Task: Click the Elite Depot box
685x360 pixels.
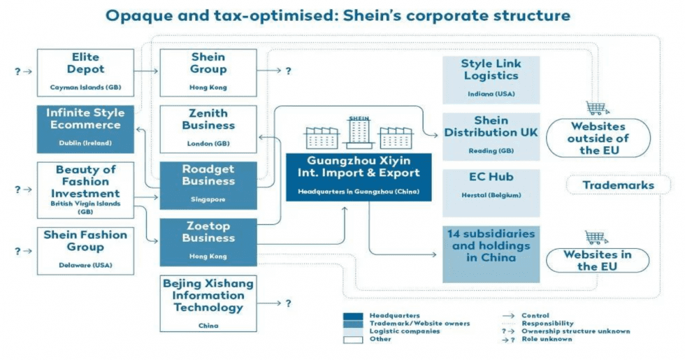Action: point(85,72)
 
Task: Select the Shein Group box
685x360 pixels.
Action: point(208,72)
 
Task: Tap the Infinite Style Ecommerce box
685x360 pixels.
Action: point(85,127)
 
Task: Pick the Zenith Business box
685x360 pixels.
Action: point(208,129)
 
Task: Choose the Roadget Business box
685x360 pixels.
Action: point(208,185)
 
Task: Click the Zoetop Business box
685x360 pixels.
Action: point(208,241)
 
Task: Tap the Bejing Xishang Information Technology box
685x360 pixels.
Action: point(208,303)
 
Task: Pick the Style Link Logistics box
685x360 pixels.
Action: point(491,79)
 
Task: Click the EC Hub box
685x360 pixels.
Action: point(491,185)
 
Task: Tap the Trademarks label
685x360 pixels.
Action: point(618,185)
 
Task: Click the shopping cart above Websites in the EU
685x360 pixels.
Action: point(597,238)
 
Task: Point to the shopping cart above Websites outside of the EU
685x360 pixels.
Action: point(597,108)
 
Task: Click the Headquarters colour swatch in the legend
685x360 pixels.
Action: point(353,316)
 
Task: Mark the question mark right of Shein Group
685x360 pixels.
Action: point(288,71)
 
